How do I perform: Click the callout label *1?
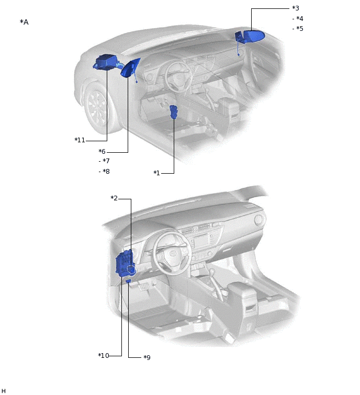click(x=156, y=173)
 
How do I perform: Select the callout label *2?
click(x=114, y=198)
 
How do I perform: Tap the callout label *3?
click(x=296, y=8)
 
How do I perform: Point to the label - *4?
click(x=298, y=18)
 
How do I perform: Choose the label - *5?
click(x=298, y=28)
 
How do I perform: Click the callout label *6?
click(x=102, y=151)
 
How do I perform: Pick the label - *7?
click(x=104, y=161)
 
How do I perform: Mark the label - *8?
click(x=104, y=171)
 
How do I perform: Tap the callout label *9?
click(x=147, y=357)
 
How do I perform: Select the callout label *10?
click(x=104, y=356)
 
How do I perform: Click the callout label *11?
click(x=80, y=140)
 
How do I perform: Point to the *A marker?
click(x=24, y=22)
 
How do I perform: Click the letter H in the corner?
click(x=4, y=390)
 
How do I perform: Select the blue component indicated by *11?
click(x=105, y=62)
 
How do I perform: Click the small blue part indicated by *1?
click(x=174, y=111)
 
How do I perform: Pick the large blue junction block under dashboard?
click(x=125, y=263)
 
